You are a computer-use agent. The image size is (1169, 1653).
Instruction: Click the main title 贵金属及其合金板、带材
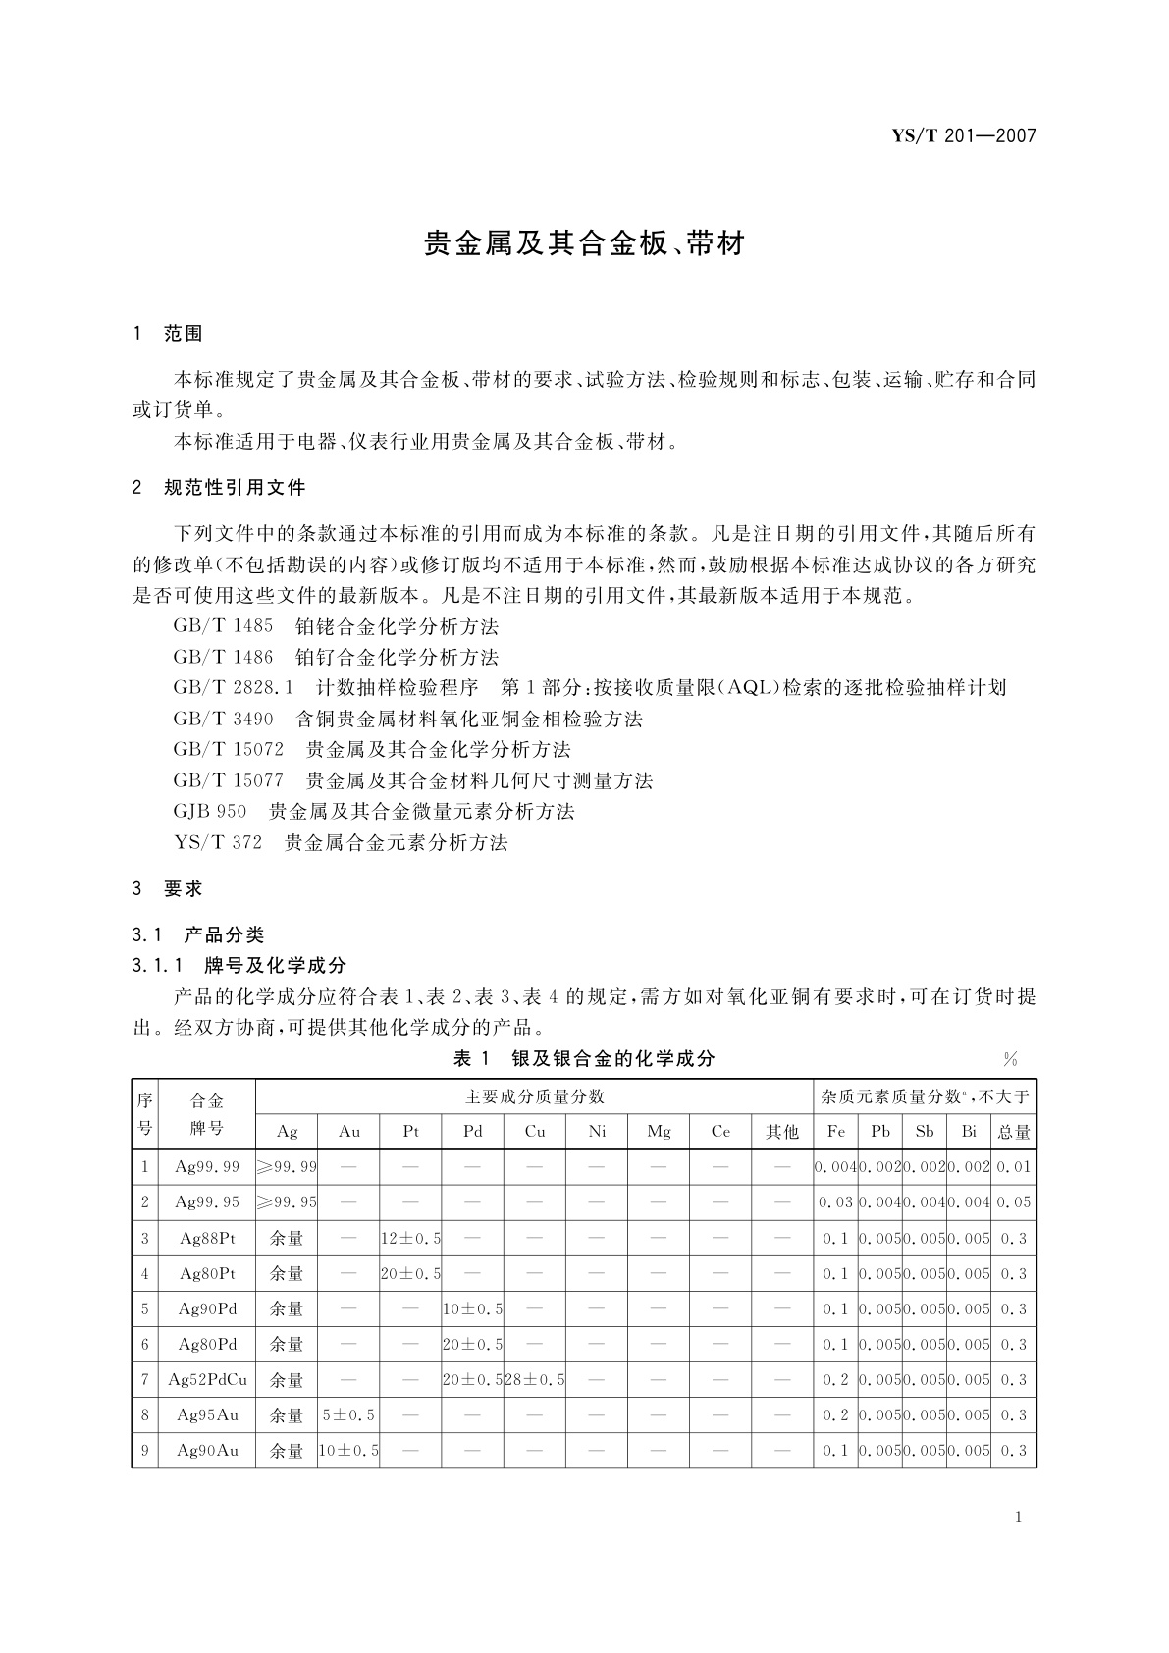(x=584, y=243)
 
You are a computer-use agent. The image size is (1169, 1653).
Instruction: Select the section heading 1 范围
(x=168, y=334)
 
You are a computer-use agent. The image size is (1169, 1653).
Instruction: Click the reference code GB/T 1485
(x=223, y=626)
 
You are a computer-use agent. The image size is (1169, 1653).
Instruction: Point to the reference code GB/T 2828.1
(x=234, y=688)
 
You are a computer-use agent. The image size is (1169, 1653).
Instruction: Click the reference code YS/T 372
(x=217, y=842)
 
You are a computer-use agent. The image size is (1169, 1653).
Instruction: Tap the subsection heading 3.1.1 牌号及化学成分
(x=239, y=966)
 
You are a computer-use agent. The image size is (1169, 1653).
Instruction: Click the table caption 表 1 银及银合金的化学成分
(x=583, y=1058)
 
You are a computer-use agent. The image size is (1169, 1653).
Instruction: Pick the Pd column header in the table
(x=473, y=1132)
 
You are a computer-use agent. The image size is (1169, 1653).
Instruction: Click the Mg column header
(x=659, y=1132)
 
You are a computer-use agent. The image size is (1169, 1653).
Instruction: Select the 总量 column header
(x=1014, y=1132)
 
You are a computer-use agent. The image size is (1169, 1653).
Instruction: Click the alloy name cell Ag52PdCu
(x=207, y=1379)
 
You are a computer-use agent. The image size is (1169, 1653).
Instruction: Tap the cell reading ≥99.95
(x=287, y=1202)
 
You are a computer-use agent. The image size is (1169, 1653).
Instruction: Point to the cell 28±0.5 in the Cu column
(x=535, y=1379)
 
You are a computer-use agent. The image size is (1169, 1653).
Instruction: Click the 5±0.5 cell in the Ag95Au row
(x=348, y=1414)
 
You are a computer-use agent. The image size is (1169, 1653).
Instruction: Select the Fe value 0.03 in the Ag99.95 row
(x=835, y=1202)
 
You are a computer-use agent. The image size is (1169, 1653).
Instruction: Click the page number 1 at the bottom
(x=1018, y=1518)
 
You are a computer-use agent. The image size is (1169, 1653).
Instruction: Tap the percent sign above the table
(x=1010, y=1059)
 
